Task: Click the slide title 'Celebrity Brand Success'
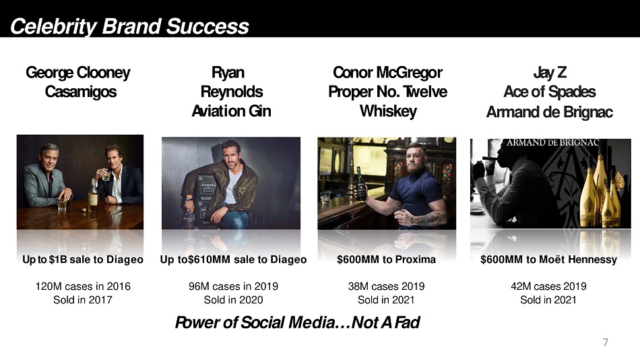[x=129, y=26]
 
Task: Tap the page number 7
[x=606, y=342]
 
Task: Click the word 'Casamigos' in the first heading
[x=81, y=92]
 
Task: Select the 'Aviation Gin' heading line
[x=232, y=111]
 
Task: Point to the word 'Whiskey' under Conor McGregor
[x=388, y=111]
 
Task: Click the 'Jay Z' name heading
[x=550, y=73]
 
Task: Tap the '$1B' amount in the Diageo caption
[x=58, y=260]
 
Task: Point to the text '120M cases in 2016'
[x=83, y=286]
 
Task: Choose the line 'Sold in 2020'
[x=234, y=300]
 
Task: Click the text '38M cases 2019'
[x=386, y=286]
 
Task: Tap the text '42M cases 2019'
[x=548, y=286]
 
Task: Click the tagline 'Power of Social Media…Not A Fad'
[x=297, y=322]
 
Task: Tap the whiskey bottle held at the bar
[x=361, y=184]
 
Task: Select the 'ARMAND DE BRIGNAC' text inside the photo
[x=552, y=143]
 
